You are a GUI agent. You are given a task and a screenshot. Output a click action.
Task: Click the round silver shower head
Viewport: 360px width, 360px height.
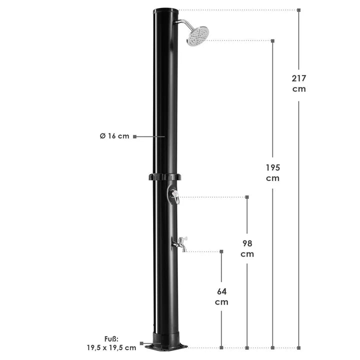click(x=197, y=36)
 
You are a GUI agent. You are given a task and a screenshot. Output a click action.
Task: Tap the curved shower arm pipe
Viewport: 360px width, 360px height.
click(x=182, y=23)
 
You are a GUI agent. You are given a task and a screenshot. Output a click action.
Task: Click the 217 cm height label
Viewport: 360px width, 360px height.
click(x=299, y=83)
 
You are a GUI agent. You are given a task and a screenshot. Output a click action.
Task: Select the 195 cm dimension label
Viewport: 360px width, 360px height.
click(x=272, y=172)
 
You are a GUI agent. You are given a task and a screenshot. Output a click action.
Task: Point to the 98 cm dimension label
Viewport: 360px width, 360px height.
click(x=246, y=248)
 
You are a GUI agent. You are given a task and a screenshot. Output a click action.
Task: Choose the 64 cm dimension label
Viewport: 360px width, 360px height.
click(x=221, y=296)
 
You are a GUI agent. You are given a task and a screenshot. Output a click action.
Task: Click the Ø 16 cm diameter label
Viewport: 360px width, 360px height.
click(x=114, y=136)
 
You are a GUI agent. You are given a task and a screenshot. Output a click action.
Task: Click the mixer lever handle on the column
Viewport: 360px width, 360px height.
click(x=173, y=196)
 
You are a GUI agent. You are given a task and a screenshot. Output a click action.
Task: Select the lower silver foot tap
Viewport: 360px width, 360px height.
click(x=179, y=244)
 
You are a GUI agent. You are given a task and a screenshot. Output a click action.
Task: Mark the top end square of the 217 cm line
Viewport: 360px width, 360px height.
click(x=299, y=9)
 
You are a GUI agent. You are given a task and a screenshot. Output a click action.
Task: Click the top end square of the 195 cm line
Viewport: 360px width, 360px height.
click(x=272, y=40)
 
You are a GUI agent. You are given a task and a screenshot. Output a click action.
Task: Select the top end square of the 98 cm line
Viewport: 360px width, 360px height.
click(x=246, y=197)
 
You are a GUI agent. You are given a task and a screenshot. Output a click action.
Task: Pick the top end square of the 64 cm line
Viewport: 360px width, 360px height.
click(x=221, y=251)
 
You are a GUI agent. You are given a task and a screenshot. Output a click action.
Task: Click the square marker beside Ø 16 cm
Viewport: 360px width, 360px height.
click(x=134, y=136)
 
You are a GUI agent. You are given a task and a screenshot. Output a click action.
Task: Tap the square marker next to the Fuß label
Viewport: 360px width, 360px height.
click(x=141, y=343)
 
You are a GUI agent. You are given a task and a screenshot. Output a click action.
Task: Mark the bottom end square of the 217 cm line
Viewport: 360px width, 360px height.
click(x=299, y=347)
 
